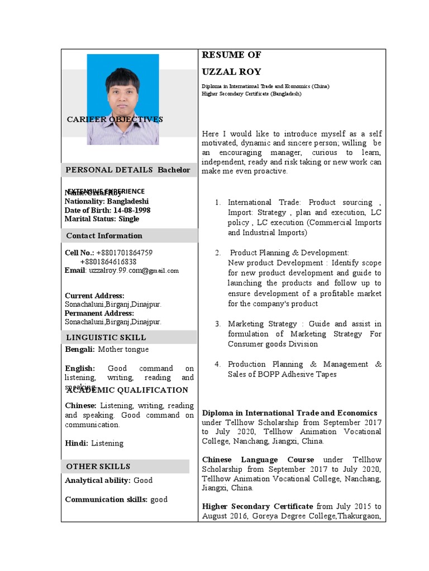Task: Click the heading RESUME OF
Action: [231, 55]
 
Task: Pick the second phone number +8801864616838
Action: [108, 262]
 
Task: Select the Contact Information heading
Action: [104, 235]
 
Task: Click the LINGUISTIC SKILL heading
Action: [106, 337]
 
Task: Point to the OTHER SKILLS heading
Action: [98, 466]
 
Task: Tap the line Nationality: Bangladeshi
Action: [107, 201]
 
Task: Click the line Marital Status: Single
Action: [102, 219]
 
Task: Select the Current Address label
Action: [94, 296]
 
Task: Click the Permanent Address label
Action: [99, 313]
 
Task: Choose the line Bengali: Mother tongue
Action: [107, 350]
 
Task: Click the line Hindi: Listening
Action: [94, 443]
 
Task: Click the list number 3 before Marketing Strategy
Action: [218, 324]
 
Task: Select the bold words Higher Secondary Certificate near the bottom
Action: [258, 506]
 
